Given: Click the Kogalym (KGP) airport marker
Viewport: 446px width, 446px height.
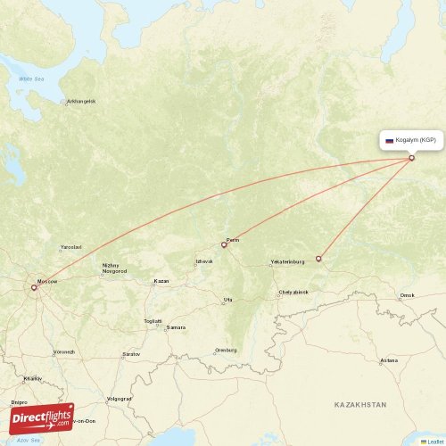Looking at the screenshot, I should tap(411, 159).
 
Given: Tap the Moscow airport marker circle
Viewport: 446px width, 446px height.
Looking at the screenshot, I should tap(34, 287).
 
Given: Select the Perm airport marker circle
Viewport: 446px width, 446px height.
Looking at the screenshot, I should tap(224, 244).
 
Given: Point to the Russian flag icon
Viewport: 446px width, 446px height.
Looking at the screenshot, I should tap(389, 141).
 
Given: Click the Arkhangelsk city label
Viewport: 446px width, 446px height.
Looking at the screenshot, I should tap(81, 101).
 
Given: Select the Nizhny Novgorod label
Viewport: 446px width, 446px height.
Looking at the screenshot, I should tap(115, 268).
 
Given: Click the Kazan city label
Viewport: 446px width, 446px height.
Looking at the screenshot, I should tap(161, 281).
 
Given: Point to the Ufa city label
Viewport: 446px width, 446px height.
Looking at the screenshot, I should tap(228, 300).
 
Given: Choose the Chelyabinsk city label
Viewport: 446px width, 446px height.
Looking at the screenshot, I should tap(293, 292).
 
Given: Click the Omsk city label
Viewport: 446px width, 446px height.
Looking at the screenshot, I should tap(408, 295).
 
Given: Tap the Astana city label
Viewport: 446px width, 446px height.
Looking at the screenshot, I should tap(388, 360).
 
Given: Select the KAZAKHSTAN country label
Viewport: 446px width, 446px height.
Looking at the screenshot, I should tap(360, 405).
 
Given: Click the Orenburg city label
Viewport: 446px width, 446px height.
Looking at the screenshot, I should tap(226, 350).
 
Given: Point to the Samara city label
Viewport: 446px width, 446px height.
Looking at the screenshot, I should tap(177, 327).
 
